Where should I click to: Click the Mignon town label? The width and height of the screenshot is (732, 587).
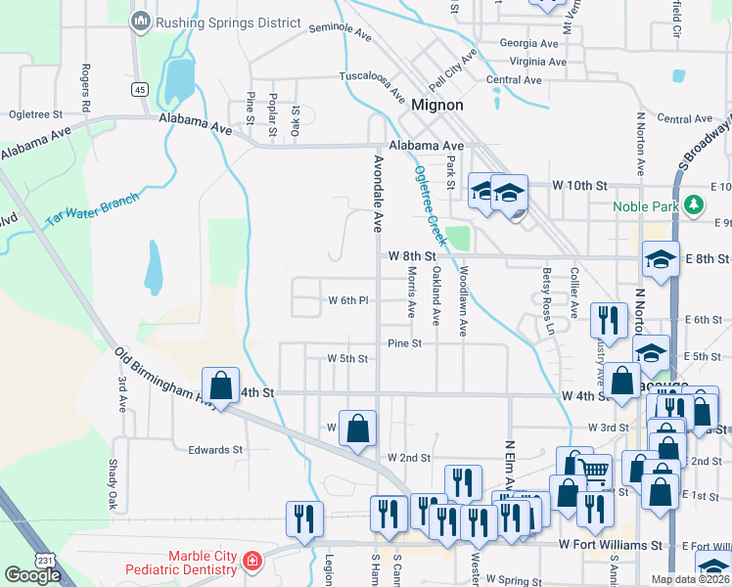tap(436, 104)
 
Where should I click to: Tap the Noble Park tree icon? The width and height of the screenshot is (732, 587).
tap(695, 205)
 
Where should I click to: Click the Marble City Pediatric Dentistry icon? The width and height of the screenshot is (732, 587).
tap(252, 561)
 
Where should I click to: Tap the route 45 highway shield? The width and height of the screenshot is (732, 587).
tap(140, 90)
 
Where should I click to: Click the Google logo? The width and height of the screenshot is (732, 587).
tap(32, 574)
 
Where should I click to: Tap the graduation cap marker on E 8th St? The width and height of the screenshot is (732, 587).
tap(661, 259)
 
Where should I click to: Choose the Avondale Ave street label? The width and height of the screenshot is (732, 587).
tap(376, 192)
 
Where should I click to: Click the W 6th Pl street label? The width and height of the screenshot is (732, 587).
tap(347, 300)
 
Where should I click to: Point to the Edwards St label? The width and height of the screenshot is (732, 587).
tap(215, 450)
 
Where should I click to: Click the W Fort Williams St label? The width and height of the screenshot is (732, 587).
tap(611, 544)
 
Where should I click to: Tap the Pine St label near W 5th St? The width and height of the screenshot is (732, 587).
tap(403, 343)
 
